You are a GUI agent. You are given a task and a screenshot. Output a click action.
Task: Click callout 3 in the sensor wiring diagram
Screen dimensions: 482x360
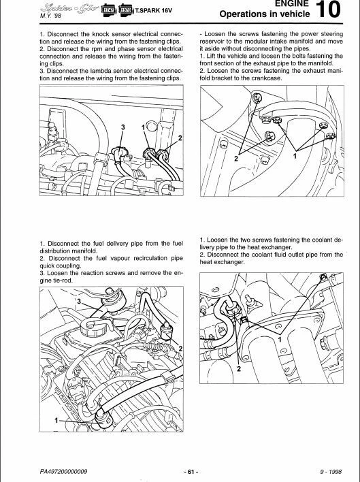(x=122, y=127)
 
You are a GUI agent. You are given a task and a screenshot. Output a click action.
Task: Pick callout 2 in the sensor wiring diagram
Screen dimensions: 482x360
(x=181, y=138)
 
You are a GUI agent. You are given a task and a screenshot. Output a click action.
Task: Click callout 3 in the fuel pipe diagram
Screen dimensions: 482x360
(x=78, y=300)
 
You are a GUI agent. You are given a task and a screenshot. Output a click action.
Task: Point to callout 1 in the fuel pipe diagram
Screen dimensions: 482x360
(x=55, y=421)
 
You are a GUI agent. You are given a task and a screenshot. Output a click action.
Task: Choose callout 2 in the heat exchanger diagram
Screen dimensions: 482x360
(x=239, y=368)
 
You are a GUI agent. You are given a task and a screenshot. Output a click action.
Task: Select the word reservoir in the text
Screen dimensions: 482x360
(x=214, y=41)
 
